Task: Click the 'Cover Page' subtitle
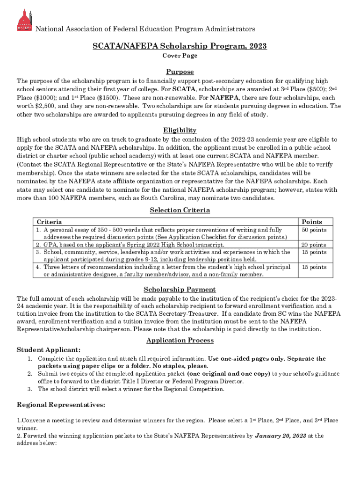(x=180, y=56)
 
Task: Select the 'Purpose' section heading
(x=180, y=72)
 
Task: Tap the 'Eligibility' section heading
(x=180, y=131)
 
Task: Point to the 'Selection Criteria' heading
(x=180, y=210)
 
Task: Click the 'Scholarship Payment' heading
(x=180, y=290)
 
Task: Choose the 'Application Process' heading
(x=180, y=340)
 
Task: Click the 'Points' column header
(x=311, y=222)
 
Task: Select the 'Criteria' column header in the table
(x=49, y=222)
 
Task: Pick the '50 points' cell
(x=314, y=230)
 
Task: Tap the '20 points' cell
(x=314, y=245)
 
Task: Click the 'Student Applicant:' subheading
(x=49, y=350)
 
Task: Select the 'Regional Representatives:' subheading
(x=61, y=405)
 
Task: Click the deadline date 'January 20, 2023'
(x=281, y=435)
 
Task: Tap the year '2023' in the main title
(x=258, y=46)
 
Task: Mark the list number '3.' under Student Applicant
(x=29, y=389)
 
